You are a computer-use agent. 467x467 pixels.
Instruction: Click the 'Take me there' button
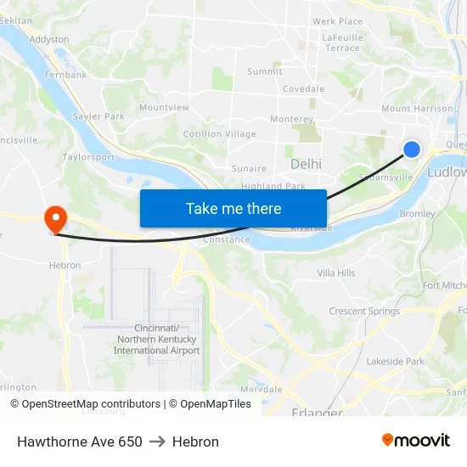pos(233,208)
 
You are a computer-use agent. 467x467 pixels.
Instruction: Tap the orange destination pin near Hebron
pos(56,219)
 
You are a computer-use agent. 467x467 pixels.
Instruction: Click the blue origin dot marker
pos(411,149)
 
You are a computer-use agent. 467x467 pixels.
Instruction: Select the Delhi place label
pos(306,163)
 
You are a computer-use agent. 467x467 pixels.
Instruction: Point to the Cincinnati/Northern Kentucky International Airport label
pos(157,339)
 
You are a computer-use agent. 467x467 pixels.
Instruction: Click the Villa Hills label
pos(336,273)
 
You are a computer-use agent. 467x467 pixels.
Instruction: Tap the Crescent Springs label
pos(364,311)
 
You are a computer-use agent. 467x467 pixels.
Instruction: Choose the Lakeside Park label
pos(395,361)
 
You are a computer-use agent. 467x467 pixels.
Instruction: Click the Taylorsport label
pos(88,157)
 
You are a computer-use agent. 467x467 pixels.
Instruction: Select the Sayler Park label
pos(98,116)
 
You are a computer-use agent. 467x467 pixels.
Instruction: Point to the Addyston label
pos(49,39)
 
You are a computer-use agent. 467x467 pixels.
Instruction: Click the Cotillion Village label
pos(219,134)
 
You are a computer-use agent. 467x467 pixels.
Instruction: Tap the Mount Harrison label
pos(417,109)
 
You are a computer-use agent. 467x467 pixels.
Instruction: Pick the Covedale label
pos(303,88)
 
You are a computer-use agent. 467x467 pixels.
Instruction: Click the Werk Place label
pos(337,21)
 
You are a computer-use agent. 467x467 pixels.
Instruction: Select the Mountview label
pos(164,108)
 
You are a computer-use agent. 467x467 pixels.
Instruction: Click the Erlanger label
pos(317,413)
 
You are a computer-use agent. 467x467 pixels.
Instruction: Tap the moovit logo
pos(415,440)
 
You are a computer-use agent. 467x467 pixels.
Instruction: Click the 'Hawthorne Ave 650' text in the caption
pos(80,442)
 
